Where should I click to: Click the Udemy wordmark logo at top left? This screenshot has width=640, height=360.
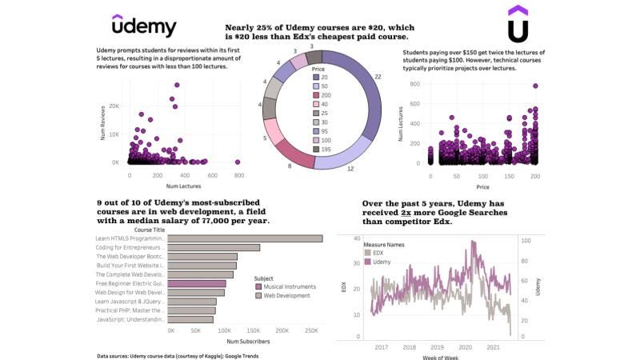tap(144, 26)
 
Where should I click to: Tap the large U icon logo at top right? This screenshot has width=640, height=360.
tap(518, 24)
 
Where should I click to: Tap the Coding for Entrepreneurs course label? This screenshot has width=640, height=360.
tap(130, 248)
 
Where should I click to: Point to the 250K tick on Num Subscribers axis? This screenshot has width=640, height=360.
tap(312, 330)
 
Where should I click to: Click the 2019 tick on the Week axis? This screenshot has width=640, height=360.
tap(437, 347)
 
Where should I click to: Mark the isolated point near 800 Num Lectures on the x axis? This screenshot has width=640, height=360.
tap(238, 162)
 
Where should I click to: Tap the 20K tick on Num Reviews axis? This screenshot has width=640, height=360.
tap(114, 106)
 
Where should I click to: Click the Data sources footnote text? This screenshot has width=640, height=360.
tap(177, 355)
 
